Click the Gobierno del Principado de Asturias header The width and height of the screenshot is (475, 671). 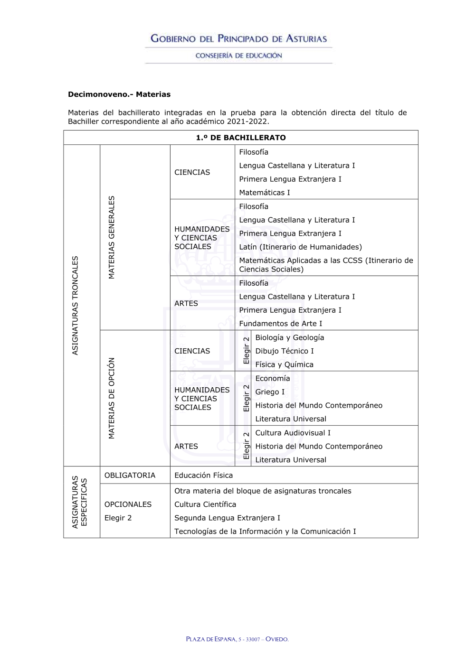click(238, 39)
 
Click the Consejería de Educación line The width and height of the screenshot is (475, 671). click(238, 56)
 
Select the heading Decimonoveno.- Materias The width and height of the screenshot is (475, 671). click(119, 94)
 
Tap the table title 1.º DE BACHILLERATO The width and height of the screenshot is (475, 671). click(241, 138)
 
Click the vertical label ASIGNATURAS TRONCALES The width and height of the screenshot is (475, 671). click(75, 305)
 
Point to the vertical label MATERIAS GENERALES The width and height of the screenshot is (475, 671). click(112, 237)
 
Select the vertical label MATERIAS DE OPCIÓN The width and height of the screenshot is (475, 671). click(112, 398)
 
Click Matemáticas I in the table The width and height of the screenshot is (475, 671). click(265, 193)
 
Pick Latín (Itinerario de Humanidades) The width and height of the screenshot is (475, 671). click(300, 247)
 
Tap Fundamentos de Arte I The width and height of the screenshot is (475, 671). click(281, 324)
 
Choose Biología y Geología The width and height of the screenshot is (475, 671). click(290, 337)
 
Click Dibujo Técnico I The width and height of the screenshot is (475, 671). click(285, 351)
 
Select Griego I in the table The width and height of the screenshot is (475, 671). click(270, 392)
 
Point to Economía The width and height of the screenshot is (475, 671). click(273, 378)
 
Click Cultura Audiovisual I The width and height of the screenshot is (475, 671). click(293, 433)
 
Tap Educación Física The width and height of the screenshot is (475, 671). click(204, 475)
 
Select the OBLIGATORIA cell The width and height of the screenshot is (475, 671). click(130, 475)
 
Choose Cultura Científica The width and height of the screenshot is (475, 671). click(205, 504)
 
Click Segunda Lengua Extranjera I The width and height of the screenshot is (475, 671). click(227, 518)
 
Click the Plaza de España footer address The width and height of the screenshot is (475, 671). click(237, 639)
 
